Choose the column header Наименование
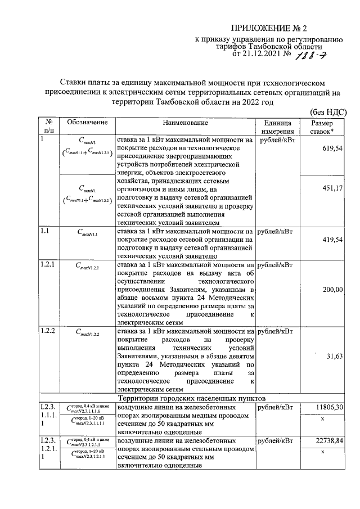point(185,123)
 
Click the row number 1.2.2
point(47,330)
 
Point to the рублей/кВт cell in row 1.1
point(277,231)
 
